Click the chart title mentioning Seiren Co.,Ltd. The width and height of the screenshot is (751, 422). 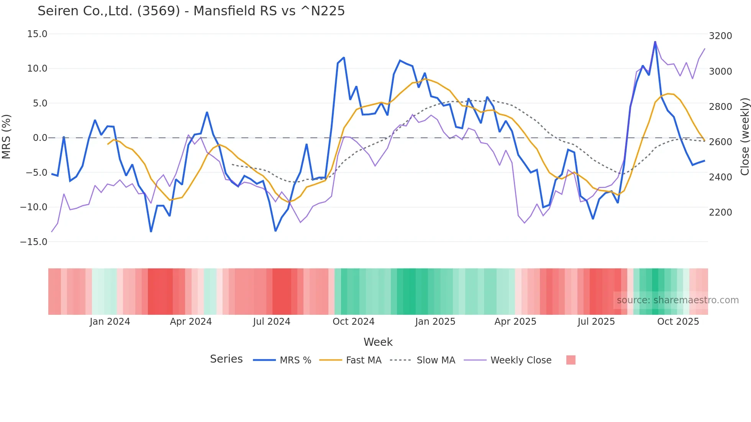point(191,11)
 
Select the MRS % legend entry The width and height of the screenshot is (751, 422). point(295,360)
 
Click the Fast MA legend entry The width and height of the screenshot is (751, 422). point(363,360)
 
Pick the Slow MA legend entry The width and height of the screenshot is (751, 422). point(436,360)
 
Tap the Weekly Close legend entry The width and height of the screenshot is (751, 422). point(521,360)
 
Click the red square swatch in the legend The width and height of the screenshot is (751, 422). point(571,360)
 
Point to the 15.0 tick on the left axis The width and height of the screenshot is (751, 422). point(37,34)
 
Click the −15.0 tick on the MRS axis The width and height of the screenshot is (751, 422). point(34,242)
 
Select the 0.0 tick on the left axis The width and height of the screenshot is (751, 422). point(40,138)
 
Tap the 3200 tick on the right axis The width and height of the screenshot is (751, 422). point(720,36)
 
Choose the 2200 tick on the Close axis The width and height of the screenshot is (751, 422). point(720,213)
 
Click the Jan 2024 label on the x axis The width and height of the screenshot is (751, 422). point(110,322)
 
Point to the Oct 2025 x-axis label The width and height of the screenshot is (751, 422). point(678,322)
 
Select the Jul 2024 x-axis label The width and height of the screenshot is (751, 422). point(272,322)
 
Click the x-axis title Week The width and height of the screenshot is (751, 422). point(378,342)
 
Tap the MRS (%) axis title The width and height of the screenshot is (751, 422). point(7,137)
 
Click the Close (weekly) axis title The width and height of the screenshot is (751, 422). point(744,137)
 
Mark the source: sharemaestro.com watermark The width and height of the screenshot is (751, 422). point(677,300)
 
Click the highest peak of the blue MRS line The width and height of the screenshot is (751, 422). point(655,42)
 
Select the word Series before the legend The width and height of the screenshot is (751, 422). point(226,359)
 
